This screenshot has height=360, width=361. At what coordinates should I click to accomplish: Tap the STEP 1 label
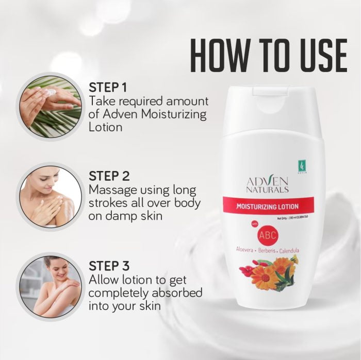click(108, 86)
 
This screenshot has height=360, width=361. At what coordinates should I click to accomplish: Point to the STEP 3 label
click(109, 265)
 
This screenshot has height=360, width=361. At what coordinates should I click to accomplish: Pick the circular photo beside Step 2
click(50, 197)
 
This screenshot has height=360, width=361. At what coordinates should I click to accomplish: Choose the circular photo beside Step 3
click(50, 286)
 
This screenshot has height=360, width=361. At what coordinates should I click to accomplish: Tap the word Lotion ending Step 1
click(106, 127)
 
